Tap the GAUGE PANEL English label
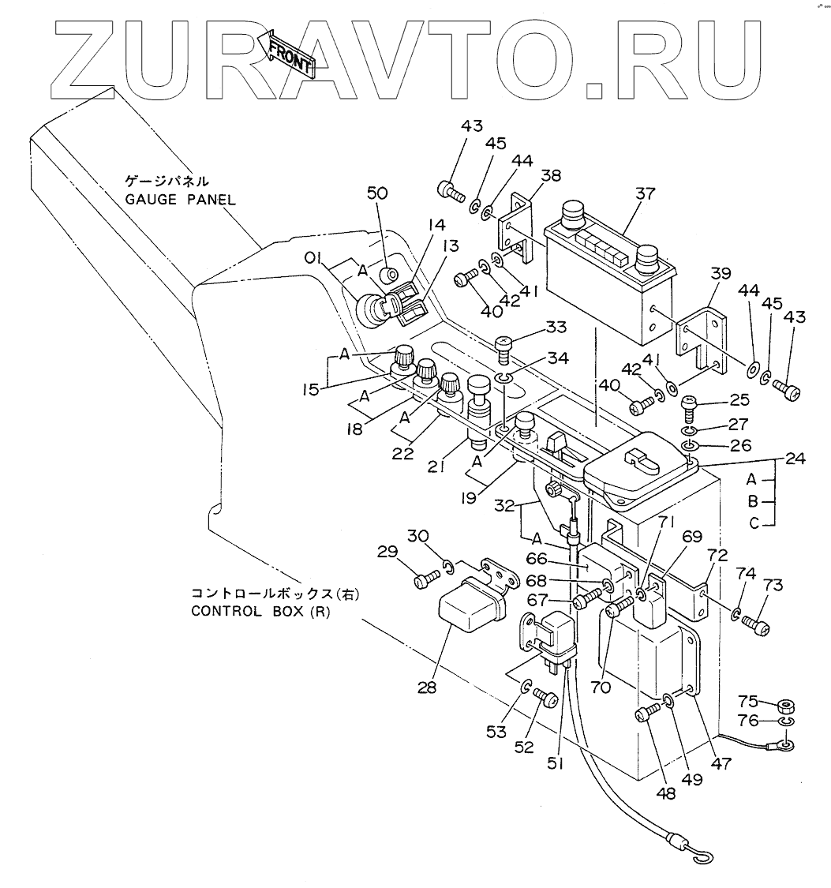pyautogui.click(x=181, y=200)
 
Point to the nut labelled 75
pyautogui.click(x=785, y=704)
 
